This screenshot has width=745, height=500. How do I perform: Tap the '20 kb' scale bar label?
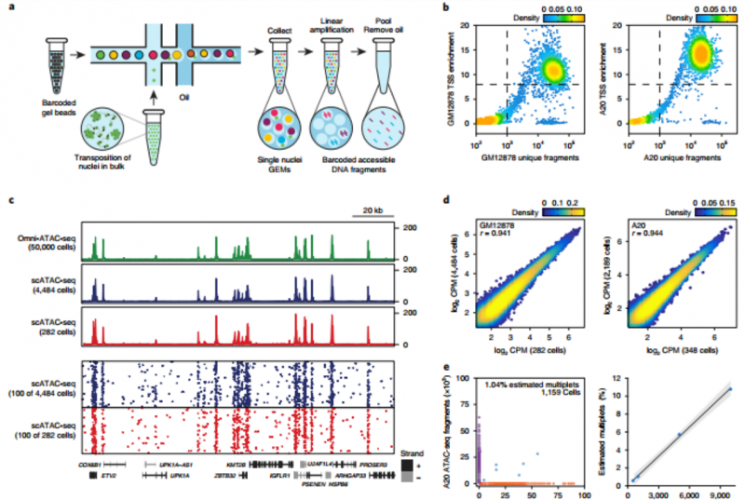370,209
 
